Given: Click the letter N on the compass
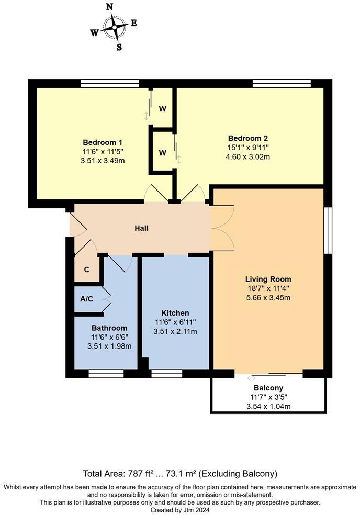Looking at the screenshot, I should coord(110,7).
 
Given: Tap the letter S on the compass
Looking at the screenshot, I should coord(119,47).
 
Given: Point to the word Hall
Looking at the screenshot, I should coord(141,228).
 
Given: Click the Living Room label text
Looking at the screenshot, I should coord(268,279).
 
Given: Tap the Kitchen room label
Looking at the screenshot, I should coord(175,313).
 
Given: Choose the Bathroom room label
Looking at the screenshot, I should coord(109,328).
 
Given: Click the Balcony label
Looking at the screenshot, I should coord(268,388).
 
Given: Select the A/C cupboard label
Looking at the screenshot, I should coord(87,299).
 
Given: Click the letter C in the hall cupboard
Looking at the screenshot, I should coord(87,270).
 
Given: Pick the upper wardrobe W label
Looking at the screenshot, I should coord(163,109).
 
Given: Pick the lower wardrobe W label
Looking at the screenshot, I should coord(163,153).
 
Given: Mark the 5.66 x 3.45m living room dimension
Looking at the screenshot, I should coord(268,298).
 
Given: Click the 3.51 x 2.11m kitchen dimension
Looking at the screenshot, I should coord(175,332).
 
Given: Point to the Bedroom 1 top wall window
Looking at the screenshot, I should coord(110,83).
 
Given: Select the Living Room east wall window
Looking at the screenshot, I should coord(328,231).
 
